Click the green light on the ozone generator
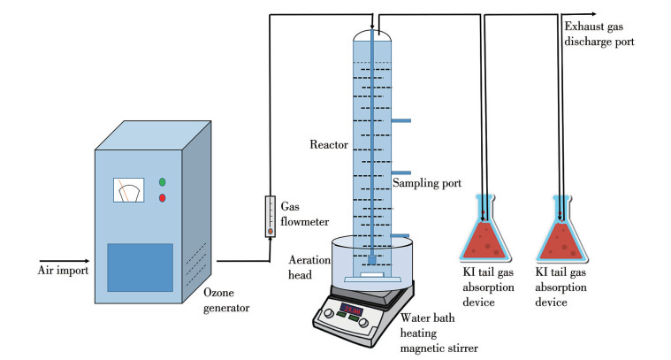[161, 182]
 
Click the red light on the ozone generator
[161, 197]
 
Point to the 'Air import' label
[63, 270]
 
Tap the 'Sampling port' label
[427, 184]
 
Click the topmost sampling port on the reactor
[400, 120]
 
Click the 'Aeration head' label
[311, 266]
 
